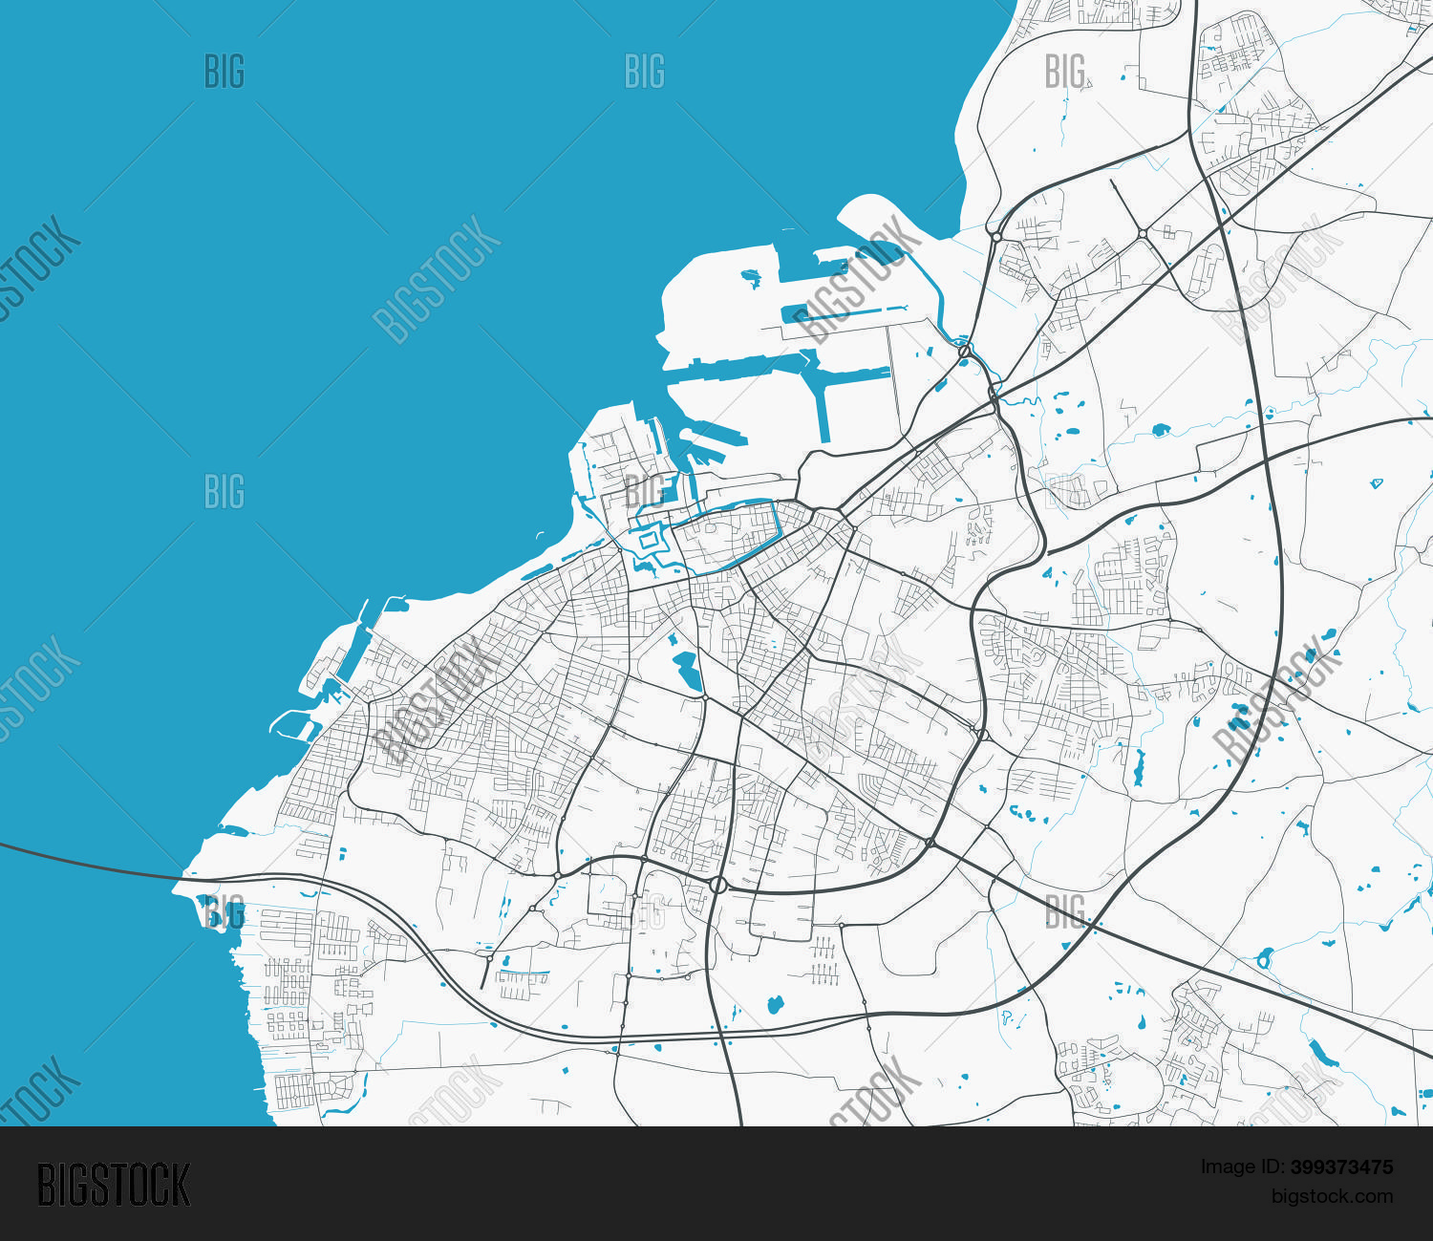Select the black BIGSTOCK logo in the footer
tap(114, 1185)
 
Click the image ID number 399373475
tap(1341, 1166)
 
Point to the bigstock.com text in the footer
tap(1332, 1196)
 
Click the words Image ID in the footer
tap(1243, 1166)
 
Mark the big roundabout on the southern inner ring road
tap(718, 885)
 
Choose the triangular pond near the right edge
tap(1377, 482)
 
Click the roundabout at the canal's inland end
tap(965, 352)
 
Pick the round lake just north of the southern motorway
tap(775, 1004)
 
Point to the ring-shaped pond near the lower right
tap(1265, 957)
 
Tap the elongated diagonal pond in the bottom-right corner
tap(1322, 1052)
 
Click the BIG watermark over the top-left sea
tap(225, 72)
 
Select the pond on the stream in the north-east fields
tap(1161, 430)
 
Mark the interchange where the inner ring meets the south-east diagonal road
tap(930, 843)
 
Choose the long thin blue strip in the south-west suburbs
tap(524, 974)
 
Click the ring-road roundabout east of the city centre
tap(982, 735)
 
